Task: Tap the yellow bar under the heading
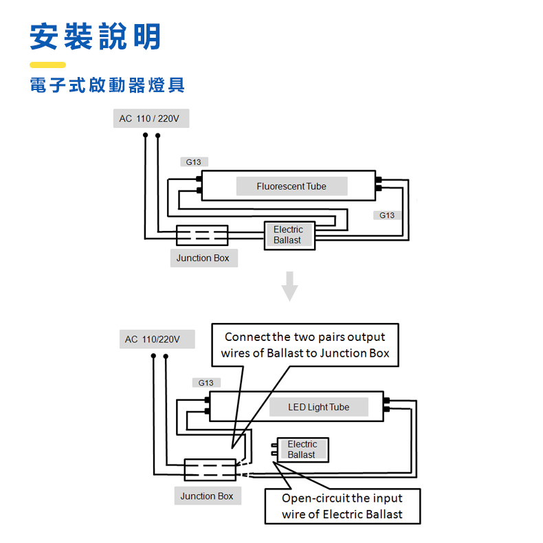coord(47,65)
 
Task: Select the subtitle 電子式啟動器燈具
coord(107,86)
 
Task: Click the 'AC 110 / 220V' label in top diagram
coord(150,119)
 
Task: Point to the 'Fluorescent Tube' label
coord(291,186)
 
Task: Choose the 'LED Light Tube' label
coord(319,407)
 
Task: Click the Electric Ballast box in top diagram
coord(289,235)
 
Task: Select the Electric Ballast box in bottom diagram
coord(302,450)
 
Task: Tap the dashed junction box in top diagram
coord(202,235)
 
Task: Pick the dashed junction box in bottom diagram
coord(210,469)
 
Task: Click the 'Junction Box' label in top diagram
coord(203,258)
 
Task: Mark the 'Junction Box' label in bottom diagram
coord(207,496)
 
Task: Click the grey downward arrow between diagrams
coord(290,286)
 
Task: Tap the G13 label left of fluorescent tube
coord(194,162)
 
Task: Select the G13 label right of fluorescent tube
coord(387,215)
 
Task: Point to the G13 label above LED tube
coord(206,383)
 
